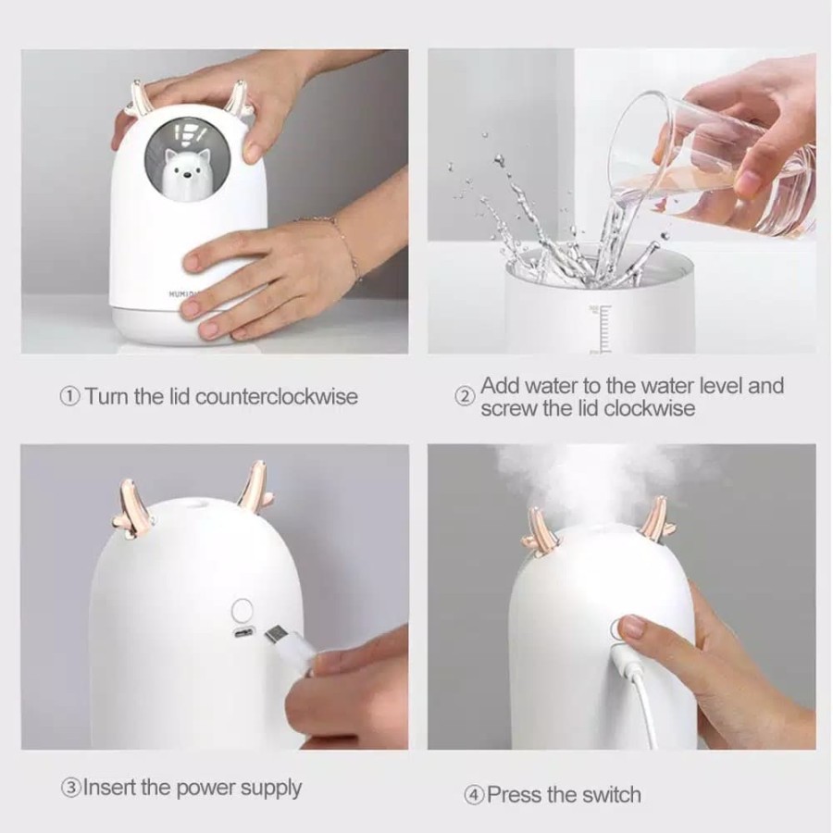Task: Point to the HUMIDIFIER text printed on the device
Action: (179, 293)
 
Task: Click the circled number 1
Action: (70, 396)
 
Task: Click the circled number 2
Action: (464, 396)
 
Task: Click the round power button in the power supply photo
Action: (242, 609)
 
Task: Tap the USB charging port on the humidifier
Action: (243, 633)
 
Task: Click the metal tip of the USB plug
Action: (276, 634)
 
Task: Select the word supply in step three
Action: (270, 789)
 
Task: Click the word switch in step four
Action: (611, 795)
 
